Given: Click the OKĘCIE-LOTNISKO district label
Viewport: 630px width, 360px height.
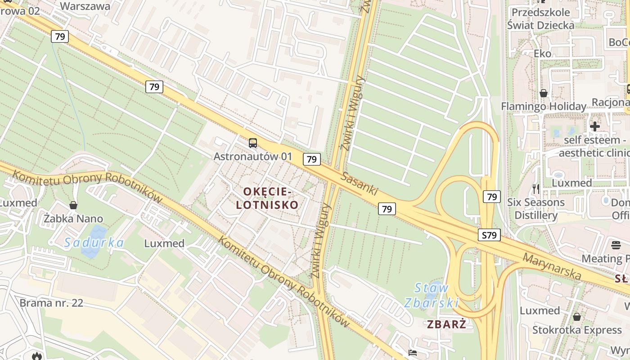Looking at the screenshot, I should (x=271, y=198).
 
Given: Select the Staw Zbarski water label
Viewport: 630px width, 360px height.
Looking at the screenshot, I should (x=432, y=295).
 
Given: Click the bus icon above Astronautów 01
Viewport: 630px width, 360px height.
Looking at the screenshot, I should (x=253, y=143).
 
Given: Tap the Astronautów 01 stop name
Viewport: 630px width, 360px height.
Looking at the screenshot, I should (x=253, y=157).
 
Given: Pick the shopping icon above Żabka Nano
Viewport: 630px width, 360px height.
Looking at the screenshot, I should (x=73, y=205).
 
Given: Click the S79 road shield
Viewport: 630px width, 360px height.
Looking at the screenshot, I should (x=489, y=235).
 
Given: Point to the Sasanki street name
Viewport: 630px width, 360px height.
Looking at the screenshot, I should (x=359, y=183).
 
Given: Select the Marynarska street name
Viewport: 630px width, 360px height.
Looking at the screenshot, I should (x=552, y=265).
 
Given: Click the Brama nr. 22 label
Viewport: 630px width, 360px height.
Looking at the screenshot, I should (x=51, y=302).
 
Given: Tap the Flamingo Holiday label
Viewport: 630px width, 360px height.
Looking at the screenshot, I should (x=544, y=107).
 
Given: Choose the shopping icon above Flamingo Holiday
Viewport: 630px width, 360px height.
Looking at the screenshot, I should (x=544, y=93).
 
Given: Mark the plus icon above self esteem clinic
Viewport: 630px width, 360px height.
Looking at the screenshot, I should (x=595, y=126).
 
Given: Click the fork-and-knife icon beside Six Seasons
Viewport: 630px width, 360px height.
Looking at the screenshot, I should (x=535, y=189).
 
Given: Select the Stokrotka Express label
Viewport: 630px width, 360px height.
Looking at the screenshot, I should (x=577, y=330).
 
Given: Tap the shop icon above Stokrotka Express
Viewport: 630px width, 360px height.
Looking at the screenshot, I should (x=577, y=317).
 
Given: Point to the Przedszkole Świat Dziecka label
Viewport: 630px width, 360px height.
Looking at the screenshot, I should (x=540, y=19).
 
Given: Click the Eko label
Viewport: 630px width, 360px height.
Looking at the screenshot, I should (x=542, y=54).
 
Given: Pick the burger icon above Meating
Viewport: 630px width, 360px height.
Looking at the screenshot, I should (x=616, y=245).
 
